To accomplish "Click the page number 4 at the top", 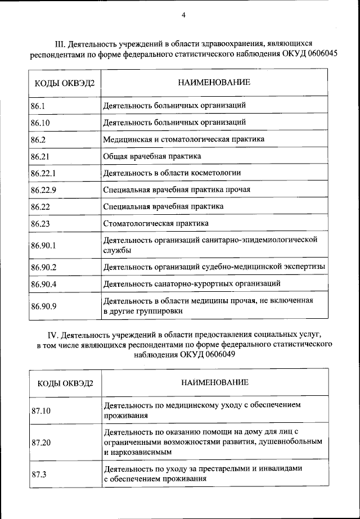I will (x=183, y=15).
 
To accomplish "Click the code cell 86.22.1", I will (x=44, y=173).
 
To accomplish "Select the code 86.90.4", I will (x=44, y=284).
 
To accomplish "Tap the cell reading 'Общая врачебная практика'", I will (x=152, y=156).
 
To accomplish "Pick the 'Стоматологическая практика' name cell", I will (x=156, y=223).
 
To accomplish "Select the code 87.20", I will (x=41, y=443).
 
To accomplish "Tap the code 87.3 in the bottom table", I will (x=39, y=474).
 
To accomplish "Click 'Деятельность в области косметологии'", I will (x=172, y=173).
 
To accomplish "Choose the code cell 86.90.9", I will (x=44, y=306).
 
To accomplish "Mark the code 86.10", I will (x=40, y=122).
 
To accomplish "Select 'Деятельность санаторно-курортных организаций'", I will (x=191, y=283).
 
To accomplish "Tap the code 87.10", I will (x=41, y=410).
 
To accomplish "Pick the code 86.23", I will (x=40, y=223).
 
